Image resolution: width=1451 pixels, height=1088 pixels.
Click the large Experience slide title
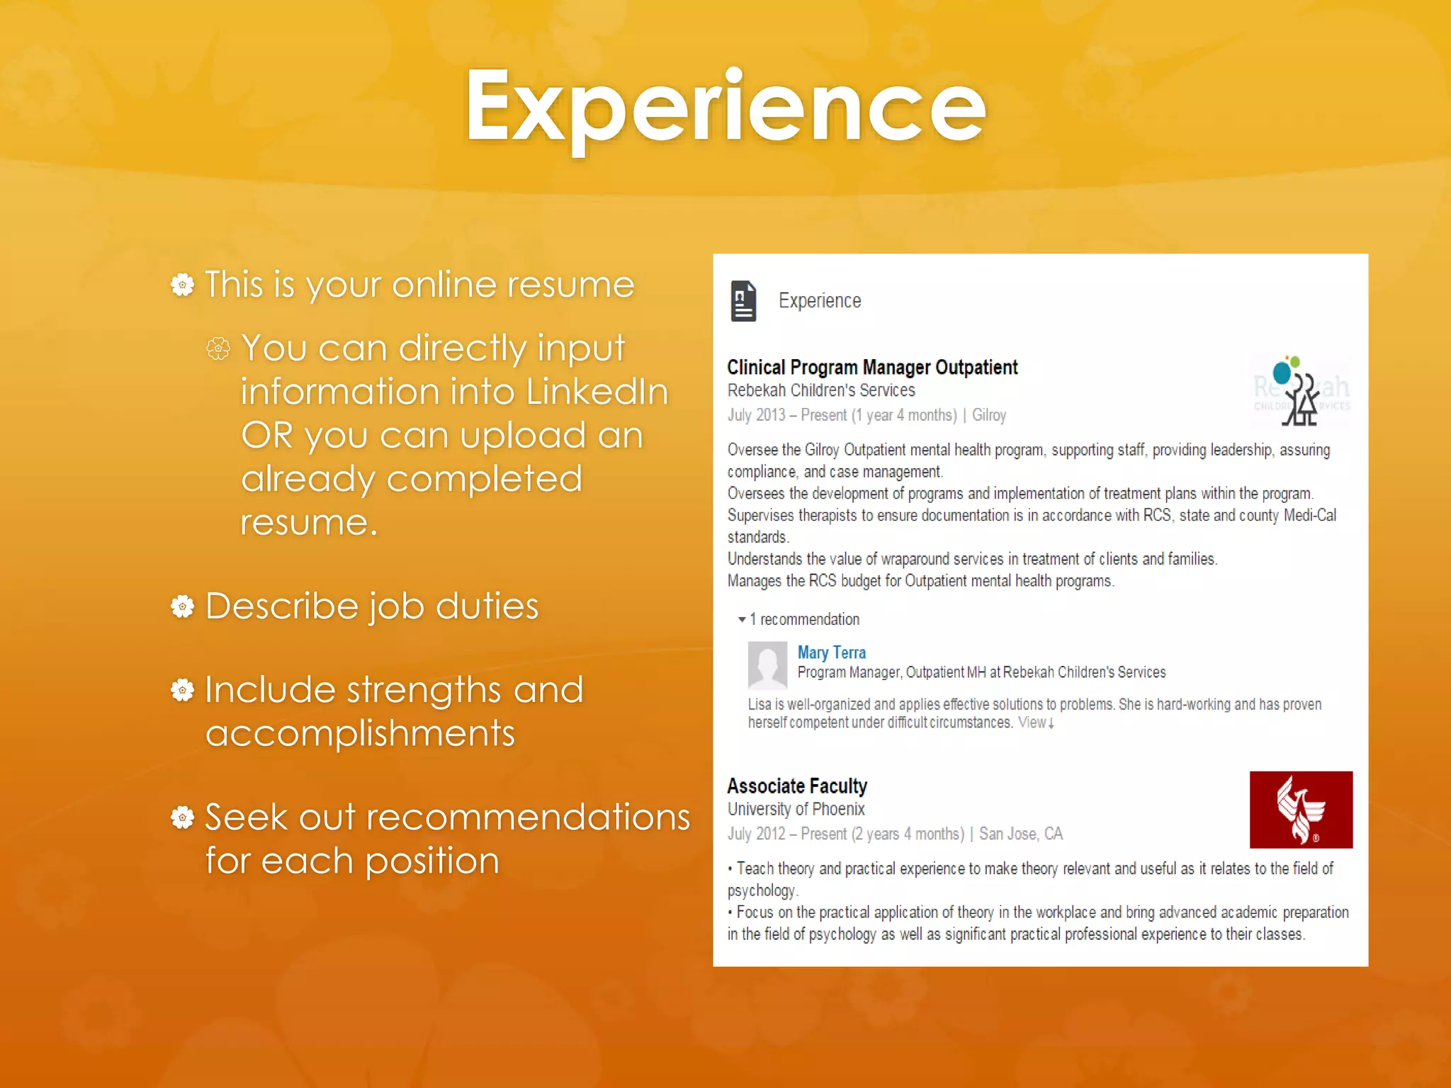tap(725, 106)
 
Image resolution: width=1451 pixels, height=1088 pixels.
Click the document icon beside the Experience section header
tap(743, 301)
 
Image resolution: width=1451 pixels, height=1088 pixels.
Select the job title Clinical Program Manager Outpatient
tap(871, 367)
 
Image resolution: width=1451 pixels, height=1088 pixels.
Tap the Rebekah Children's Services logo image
tap(1301, 391)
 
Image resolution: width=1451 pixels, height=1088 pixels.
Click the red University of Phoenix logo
tap(1301, 810)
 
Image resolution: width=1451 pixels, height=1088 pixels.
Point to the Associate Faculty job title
tap(796, 786)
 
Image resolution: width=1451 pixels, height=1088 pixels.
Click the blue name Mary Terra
tap(831, 652)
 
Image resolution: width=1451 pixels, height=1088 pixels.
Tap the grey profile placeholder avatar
tap(767, 665)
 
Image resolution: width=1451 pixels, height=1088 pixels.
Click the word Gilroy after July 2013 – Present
tap(988, 415)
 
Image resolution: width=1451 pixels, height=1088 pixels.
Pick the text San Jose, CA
tap(1020, 834)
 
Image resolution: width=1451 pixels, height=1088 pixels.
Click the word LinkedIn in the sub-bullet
tap(597, 392)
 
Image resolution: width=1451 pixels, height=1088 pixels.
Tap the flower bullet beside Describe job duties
tap(183, 606)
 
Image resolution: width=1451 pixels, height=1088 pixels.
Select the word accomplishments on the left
tap(360, 733)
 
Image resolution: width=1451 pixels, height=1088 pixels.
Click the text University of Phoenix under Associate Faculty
tap(796, 809)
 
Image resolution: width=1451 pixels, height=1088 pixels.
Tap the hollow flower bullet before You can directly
tap(218, 348)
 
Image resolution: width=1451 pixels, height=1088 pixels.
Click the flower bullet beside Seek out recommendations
tap(183, 817)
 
